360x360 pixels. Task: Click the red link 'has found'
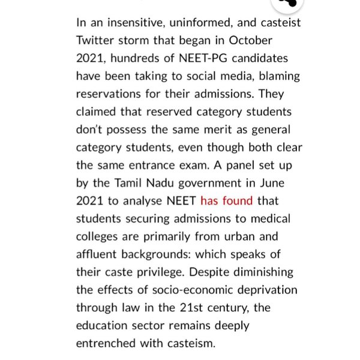226,201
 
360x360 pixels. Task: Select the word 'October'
250,41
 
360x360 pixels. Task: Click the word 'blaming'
279,76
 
